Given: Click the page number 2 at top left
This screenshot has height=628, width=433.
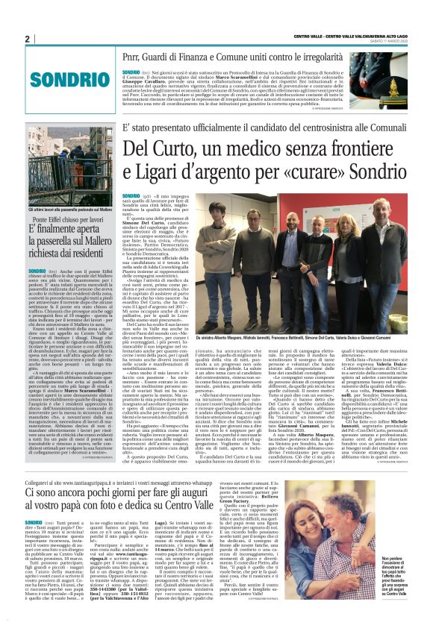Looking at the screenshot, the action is pos(27,39).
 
